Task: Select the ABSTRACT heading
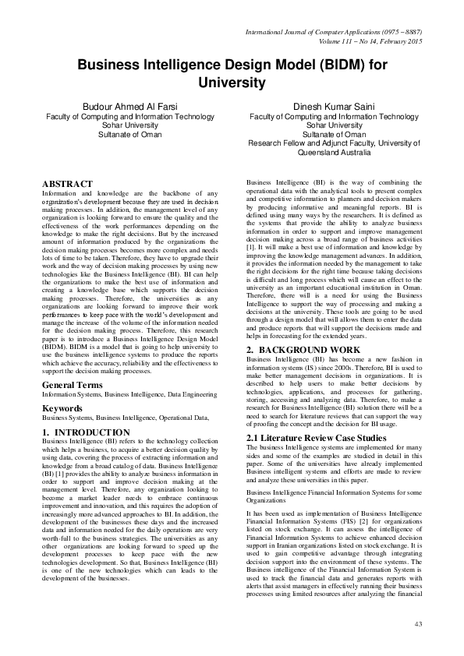(x=72, y=183)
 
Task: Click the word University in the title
(x=232, y=82)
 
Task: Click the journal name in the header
(x=334, y=31)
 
